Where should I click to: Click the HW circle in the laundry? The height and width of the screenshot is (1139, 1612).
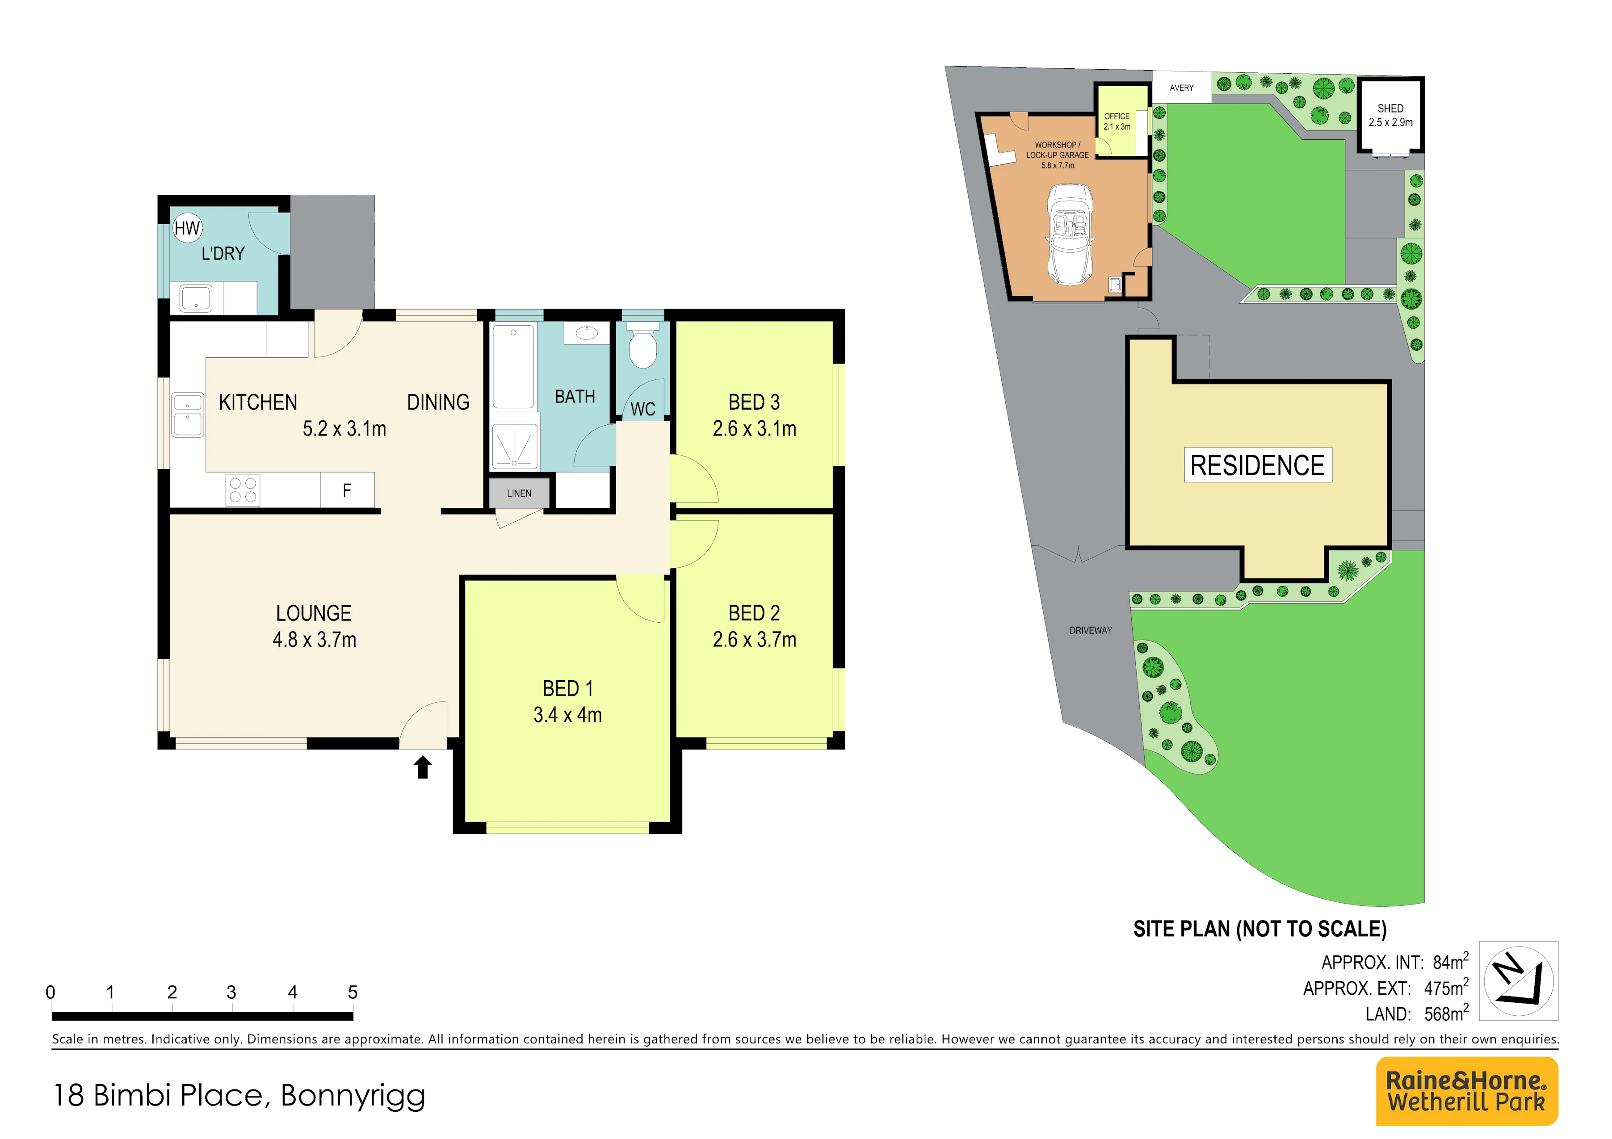(188, 228)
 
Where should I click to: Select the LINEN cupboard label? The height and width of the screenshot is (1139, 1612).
(520, 494)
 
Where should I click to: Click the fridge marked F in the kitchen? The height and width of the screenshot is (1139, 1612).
(347, 490)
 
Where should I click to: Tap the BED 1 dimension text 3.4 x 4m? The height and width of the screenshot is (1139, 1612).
(567, 715)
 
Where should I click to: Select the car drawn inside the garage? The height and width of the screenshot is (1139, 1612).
(1069, 234)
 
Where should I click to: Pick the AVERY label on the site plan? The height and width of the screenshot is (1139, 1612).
(1182, 88)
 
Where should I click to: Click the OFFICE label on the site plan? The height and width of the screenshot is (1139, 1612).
(1117, 117)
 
